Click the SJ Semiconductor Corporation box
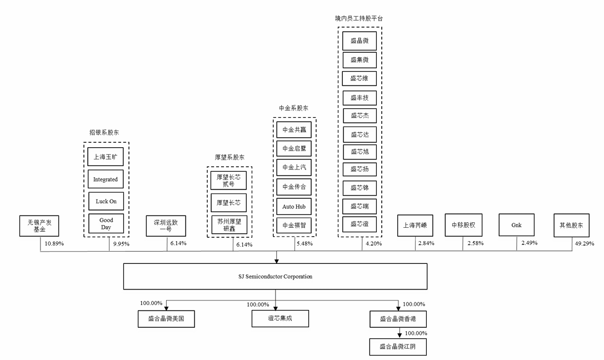click(x=275, y=276)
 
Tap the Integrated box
click(x=106, y=179)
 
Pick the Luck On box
click(x=106, y=201)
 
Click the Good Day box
click(x=106, y=224)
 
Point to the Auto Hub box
click(x=294, y=206)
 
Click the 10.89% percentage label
click(x=54, y=244)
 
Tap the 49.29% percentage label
click(x=584, y=243)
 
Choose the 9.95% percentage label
click(x=120, y=244)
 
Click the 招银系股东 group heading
click(x=104, y=133)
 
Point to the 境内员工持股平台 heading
click(x=358, y=18)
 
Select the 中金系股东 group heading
click(x=293, y=108)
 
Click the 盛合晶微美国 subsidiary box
click(x=166, y=319)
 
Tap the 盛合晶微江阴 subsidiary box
click(x=398, y=346)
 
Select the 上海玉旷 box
click(x=106, y=157)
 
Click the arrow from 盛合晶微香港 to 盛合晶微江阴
click(x=398, y=332)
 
